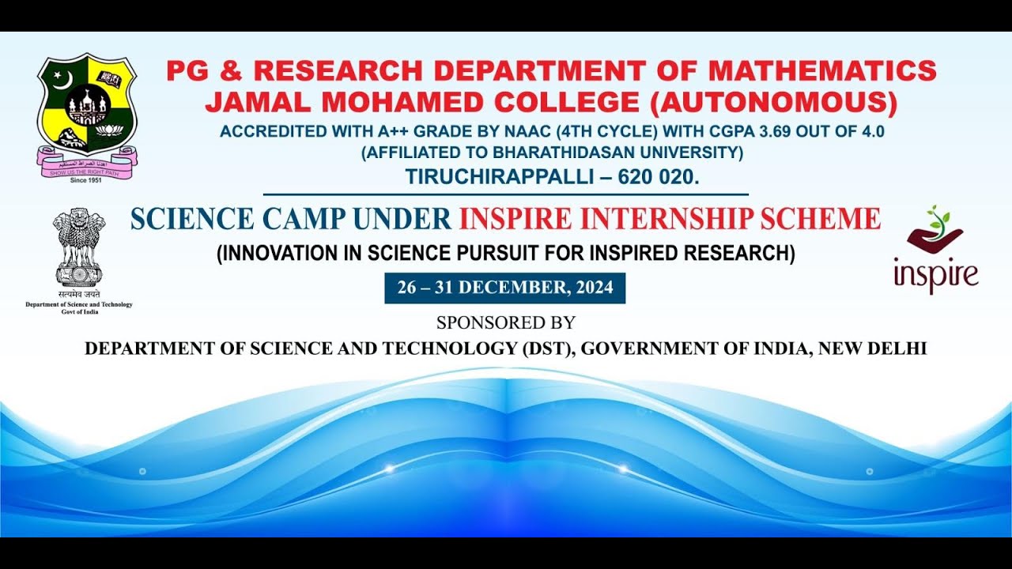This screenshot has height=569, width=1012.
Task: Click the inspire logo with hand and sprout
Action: (936, 250)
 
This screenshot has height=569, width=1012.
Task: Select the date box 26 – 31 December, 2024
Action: (504, 288)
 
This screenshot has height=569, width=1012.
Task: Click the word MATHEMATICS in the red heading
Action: (822, 71)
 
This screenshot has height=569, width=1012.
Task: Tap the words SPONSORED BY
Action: (505, 322)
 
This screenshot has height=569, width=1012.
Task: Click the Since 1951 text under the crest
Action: (86, 180)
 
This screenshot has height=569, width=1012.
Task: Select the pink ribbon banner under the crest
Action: (86, 164)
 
